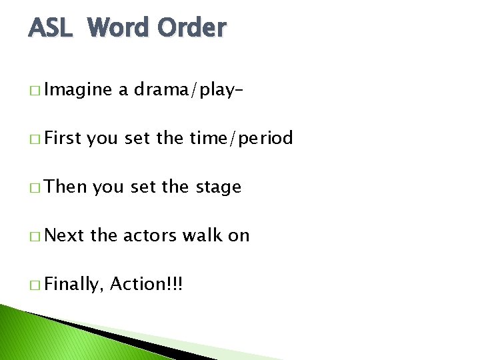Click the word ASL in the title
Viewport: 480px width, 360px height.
(x=52, y=28)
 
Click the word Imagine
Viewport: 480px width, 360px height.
(x=79, y=90)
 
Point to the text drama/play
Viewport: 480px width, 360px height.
(x=185, y=90)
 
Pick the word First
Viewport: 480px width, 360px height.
(x=63, y=138)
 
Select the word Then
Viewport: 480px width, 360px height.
(x=67, y=187)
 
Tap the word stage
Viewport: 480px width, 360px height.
(x=218, y=188)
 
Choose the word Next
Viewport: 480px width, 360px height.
(x=65, y=235)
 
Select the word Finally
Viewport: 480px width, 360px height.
(x=75, y=285)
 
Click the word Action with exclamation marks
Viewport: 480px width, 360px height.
(x=146, y=284)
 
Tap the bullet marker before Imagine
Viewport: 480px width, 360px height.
(x=34, y=91)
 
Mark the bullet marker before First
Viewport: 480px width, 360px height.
(x=34, y=139)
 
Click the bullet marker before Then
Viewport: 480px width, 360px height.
(x=34, y=188)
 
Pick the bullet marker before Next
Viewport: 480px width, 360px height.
(x=34, y=236)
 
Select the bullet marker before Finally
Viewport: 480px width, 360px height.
(x=34, y=285)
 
